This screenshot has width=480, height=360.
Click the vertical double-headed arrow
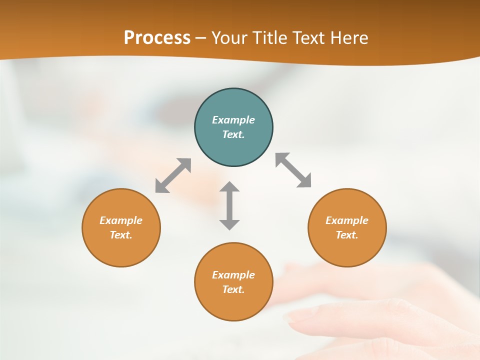tap(229, 205)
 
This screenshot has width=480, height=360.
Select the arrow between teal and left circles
tap(173, 175)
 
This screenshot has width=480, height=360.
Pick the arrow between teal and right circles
tap(293, 170)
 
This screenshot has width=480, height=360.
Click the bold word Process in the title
tap(157, 38)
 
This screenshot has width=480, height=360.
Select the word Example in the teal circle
tap(233, 120)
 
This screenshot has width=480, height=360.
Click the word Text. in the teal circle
tap(233, 134)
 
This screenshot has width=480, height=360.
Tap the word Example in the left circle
tap(121, 220)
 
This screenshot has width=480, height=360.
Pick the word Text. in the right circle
tap(347, 235)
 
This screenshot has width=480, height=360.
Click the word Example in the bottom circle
tap(233, 275)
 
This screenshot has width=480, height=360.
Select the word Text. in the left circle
tap(121, 235)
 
